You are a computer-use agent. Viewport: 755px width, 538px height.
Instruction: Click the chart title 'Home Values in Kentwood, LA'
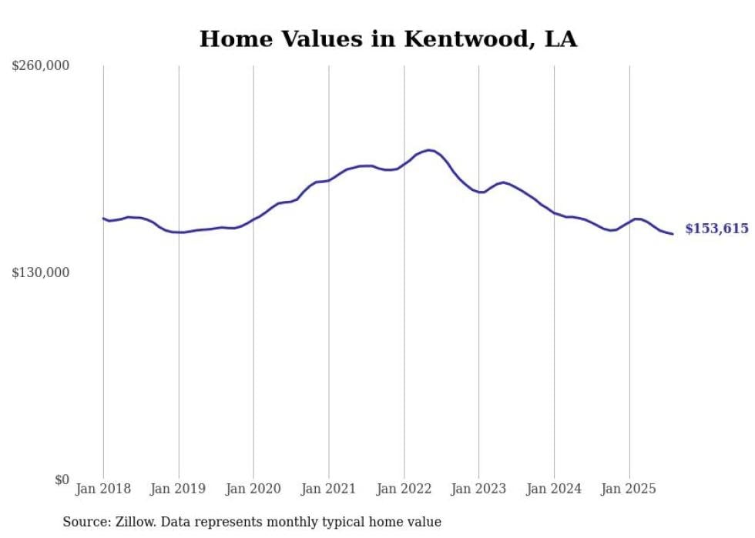tap(388, 38)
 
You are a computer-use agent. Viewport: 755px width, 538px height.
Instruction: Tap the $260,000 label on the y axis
tap(40, 66)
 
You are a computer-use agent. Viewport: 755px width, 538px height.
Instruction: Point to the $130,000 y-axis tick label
tap(40, 272)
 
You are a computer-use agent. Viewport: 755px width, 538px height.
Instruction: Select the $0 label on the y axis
tap(62, 480)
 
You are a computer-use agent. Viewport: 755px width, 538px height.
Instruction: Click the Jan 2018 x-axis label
tap(103, 489)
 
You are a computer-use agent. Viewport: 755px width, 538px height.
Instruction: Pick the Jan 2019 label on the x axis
tap(179, 489)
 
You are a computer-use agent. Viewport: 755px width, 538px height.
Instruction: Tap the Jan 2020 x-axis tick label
tap(253, 489)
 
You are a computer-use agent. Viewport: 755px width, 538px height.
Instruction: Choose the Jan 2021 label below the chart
tap(329, 489)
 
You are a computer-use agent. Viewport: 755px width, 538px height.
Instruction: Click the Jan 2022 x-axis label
tap(404, 489)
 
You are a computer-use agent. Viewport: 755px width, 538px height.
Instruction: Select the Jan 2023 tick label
tap(478, 489)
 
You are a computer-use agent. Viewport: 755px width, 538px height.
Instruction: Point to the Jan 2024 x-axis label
tap(554, 489)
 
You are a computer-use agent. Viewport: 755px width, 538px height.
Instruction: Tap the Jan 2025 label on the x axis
tap(629, 489)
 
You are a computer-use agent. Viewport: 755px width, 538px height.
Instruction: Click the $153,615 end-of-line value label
tap(716, 229)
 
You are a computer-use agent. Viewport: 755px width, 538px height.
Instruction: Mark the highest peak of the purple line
tap(429, 150)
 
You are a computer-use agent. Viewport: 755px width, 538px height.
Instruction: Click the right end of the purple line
tap(673, 234)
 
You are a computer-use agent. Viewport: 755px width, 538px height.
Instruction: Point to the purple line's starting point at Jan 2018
tap(103, 218)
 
